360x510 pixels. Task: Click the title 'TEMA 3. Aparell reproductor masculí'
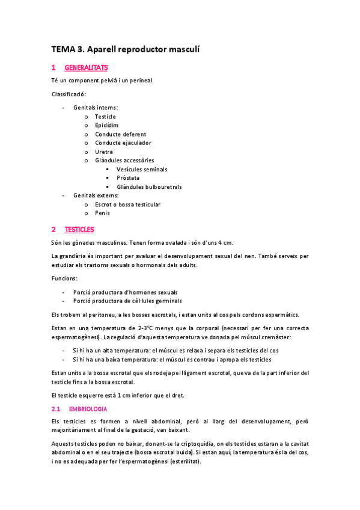(125, 51)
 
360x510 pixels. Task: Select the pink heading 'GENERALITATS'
(86, 67)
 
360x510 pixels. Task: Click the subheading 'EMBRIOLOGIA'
(88, 409)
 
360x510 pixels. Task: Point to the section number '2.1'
(56, 409)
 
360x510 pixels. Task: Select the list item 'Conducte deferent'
(120, 134)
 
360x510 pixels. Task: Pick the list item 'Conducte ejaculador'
(123, 143)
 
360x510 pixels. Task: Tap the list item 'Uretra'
(104, 152)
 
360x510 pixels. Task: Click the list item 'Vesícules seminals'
(142, 170)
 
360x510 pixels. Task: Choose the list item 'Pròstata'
(129, 178)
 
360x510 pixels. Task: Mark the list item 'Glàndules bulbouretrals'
(149, 187)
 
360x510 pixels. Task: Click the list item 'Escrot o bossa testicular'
(127, 204)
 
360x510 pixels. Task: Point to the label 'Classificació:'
(69, 94)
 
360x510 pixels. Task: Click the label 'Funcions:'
(64, 279)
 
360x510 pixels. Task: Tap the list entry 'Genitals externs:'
(96, 195)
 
